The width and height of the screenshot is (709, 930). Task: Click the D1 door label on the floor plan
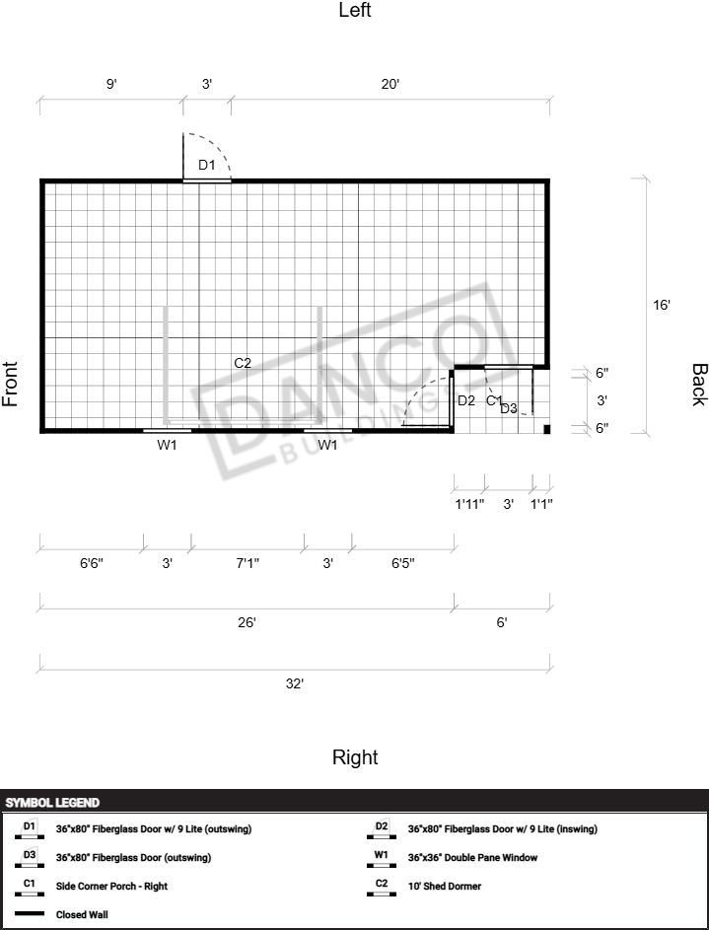click(x=206, y=165)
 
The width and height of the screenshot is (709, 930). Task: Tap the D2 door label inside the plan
click(x=466, y=401)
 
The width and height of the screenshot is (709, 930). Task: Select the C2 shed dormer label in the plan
click(x=243, y=363)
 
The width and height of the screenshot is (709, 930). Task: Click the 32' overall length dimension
click(x=295, y=683)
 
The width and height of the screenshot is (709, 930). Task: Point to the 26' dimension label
click(x=247, y=622)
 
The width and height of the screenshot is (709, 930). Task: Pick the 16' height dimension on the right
click(x=661, y=305)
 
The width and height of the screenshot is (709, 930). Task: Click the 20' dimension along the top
click(x=390, y=84)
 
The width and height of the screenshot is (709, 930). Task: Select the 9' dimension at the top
click(x=111, y=84)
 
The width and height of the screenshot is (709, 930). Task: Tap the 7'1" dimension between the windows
click(x=248, y=563)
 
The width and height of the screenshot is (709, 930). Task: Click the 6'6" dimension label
click(x=92, y=563)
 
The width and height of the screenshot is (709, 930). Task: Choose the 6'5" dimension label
click(x=403, y=563)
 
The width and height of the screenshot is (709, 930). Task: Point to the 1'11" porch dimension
click(x=469, y=504)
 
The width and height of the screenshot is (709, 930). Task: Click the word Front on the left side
click(x=10, y=384)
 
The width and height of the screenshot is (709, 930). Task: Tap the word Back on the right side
click(x=699, y=385)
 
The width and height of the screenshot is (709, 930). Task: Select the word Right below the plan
click(x=355, y=757)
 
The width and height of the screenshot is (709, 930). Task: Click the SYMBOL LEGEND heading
click(x=53, y=803)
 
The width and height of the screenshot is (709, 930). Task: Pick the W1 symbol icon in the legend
click(x=382, y=859)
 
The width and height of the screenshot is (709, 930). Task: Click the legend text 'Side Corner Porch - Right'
click(x=112, y=886)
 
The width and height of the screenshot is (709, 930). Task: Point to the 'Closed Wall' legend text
click(x=83, y=914)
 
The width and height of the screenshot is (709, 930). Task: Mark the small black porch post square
click(x=547, y=429)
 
